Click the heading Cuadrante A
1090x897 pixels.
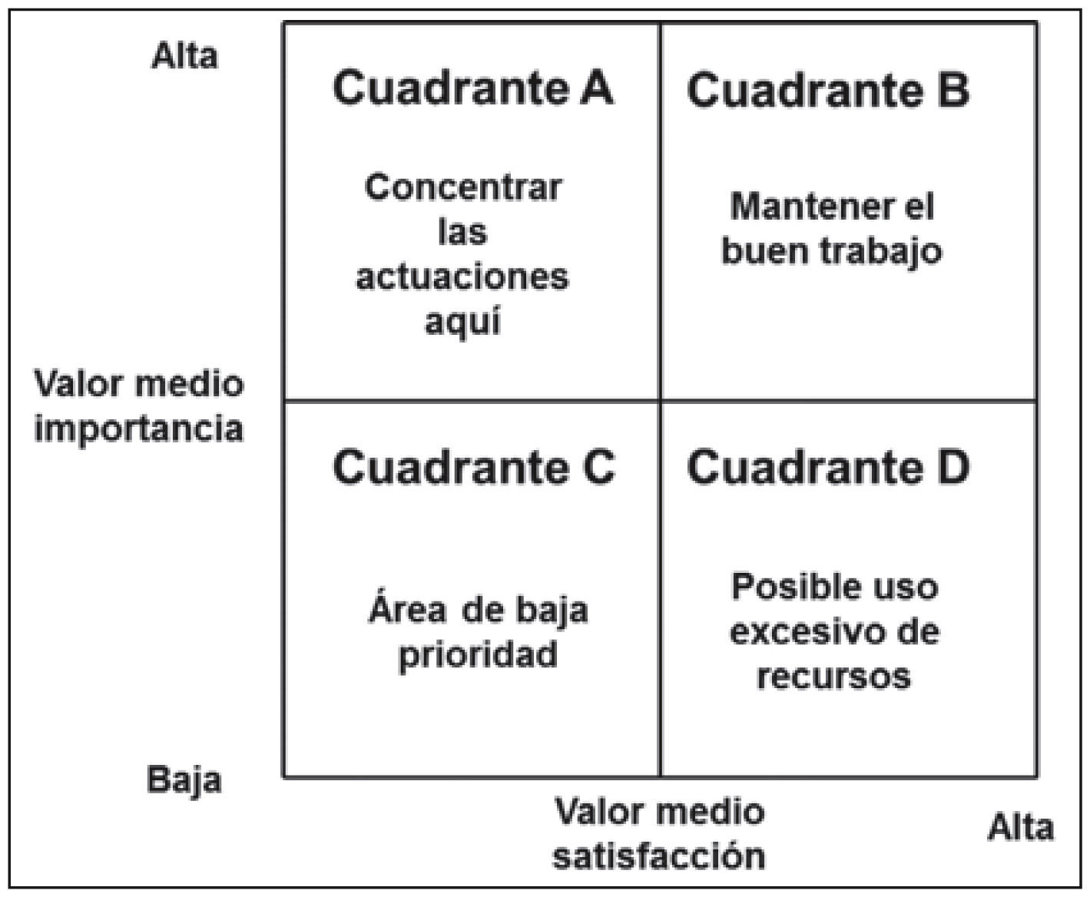472,88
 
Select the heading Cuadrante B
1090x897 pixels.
827,90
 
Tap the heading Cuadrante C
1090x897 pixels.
473,467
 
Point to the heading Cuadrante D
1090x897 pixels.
827,467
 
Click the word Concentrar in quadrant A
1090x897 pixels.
463,187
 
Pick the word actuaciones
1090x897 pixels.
462,276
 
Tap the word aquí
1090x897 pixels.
462,321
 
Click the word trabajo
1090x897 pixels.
883,251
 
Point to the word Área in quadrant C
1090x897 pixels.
407,611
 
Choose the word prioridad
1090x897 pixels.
478,655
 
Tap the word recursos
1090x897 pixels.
833,677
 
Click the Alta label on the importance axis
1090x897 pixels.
184,56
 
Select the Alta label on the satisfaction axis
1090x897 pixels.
1020,828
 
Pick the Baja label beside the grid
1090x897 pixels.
184,780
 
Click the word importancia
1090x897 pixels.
138,429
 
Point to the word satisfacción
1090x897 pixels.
659,856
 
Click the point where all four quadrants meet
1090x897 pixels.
660,400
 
